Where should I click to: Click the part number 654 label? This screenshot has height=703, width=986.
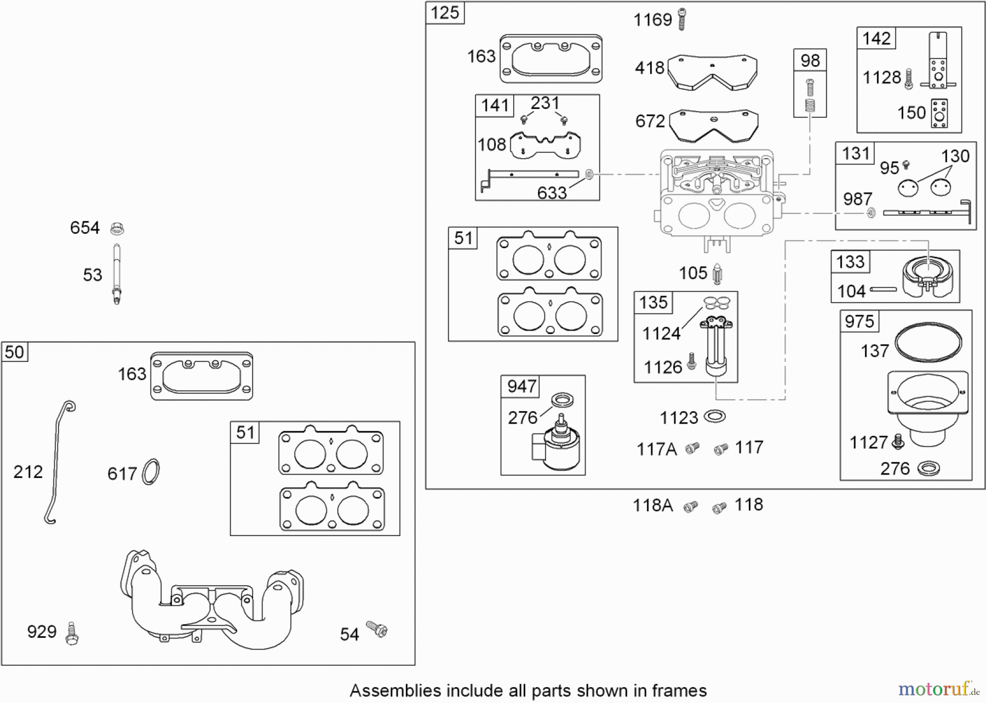[84, 228]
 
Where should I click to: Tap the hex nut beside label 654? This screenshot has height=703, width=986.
[117, 228]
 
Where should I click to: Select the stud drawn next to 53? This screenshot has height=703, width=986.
[117, 274]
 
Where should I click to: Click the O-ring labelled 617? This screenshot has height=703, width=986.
[151, 472]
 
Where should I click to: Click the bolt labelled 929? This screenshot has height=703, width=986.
[71, 633]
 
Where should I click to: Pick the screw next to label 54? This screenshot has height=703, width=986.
[377, 629]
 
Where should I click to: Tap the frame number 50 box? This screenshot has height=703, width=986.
[14, 352]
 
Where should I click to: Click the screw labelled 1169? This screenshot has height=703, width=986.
[681, 19]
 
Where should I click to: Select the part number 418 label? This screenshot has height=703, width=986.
[649, 68]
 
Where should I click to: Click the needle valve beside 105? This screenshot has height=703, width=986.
[718, 273]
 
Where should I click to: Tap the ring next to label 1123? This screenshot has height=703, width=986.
[714, 417]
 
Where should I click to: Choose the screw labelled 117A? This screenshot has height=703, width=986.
[693, 448]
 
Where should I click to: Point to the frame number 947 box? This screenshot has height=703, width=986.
[521, 386]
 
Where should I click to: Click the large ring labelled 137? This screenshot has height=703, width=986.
[928, 342]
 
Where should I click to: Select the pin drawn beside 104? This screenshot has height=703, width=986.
[882, 290]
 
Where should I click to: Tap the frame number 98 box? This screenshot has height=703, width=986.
[810, 60]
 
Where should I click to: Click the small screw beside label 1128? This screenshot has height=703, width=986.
[909, 79]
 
